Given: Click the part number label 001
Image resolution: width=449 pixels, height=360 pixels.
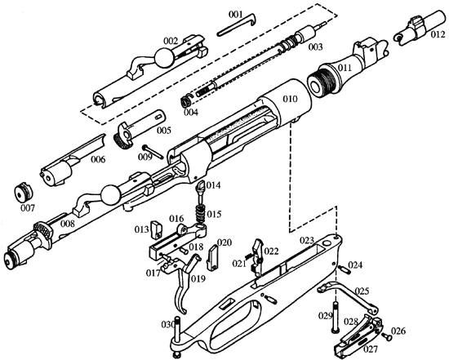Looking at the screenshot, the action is click(235, 15).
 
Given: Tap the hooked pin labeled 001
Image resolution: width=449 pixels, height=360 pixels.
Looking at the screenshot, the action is click(237, 26).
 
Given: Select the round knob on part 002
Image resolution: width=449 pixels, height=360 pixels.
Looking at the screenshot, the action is click(165, 57).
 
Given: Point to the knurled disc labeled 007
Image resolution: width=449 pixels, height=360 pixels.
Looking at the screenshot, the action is click(24, 193).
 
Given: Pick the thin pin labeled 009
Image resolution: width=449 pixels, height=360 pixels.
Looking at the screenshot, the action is click(153, 151).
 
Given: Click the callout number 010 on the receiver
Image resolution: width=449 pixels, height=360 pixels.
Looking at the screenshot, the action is click(290, 100).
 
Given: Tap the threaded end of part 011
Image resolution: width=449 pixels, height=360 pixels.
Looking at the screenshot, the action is click(322, 82).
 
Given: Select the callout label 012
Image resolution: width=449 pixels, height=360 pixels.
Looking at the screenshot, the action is click(438, 34).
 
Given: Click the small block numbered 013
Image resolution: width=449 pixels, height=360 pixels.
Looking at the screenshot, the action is click(157, 229).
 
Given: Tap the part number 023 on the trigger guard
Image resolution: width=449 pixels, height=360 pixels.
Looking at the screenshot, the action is click(307, 240).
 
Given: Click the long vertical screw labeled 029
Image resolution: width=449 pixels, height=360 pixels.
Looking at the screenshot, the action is click(336, 317).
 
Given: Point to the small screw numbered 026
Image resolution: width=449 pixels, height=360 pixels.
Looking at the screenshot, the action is click(387, 337).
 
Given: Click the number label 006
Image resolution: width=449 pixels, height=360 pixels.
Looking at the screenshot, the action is click(98, 159).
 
